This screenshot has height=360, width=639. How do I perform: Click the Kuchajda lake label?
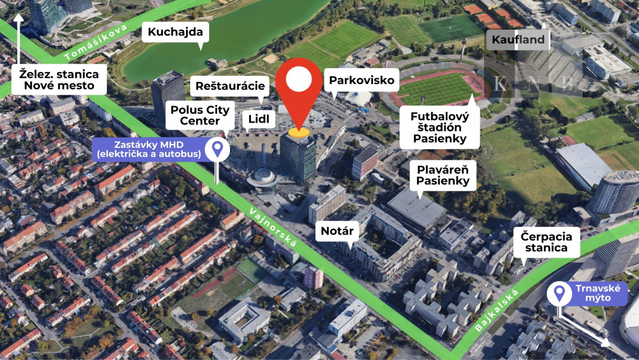click(175, 32)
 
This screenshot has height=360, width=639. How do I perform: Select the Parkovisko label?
click(362, 80)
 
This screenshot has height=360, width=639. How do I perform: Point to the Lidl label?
click(258, 118)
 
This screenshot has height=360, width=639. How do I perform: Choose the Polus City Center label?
click(200, 115)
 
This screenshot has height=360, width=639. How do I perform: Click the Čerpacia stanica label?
click(547, 243)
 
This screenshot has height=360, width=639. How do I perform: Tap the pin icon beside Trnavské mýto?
click(559, 292)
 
